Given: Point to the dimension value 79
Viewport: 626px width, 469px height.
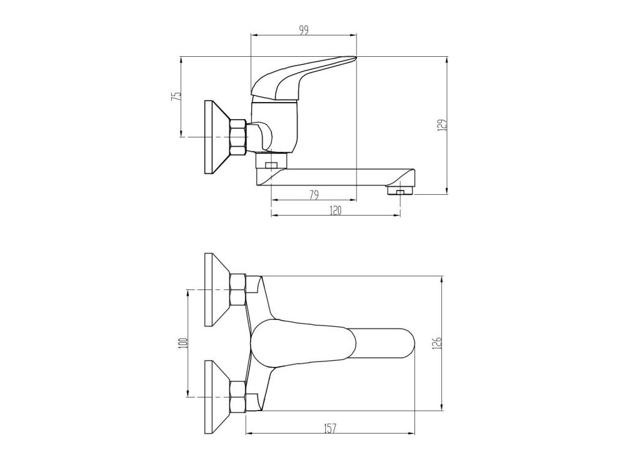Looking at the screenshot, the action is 314,195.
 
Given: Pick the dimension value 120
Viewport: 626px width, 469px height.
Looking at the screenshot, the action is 336,211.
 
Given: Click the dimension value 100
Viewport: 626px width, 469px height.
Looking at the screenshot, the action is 184,343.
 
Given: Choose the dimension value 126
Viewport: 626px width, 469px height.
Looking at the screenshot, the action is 438,343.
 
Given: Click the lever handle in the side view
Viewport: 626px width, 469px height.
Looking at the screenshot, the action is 303,78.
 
